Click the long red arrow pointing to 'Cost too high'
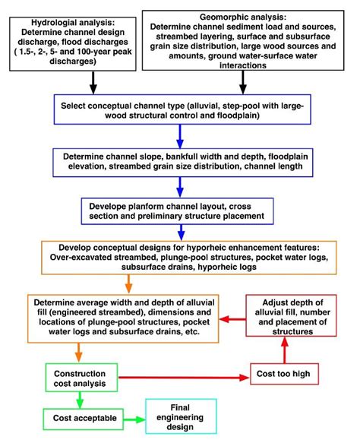[x=182, y=375]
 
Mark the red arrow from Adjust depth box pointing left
[x=232, y=320]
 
